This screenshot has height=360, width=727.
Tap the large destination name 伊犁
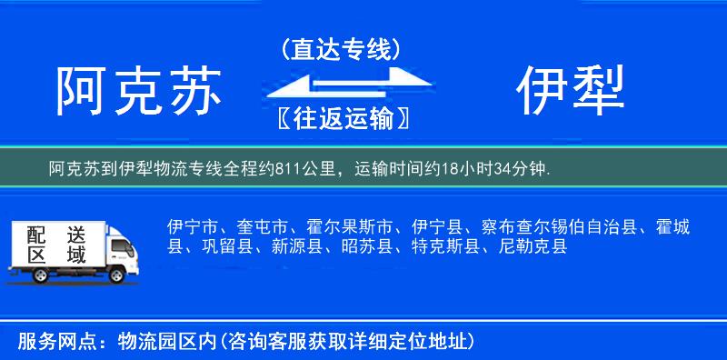[573, 93]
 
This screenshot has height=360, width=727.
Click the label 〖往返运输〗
[341, 118]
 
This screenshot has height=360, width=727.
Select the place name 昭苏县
[368, 246]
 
